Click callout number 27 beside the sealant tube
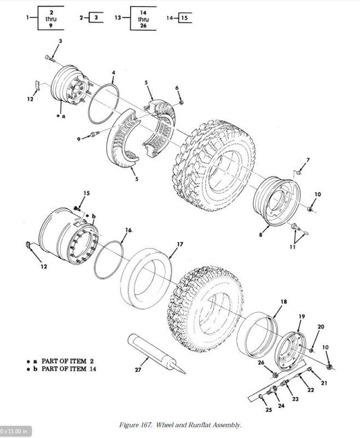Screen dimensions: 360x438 click(x=138, y=370)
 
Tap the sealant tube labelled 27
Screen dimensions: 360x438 click(x=156, y=353)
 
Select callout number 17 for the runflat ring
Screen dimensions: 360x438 click(x=180, y=244)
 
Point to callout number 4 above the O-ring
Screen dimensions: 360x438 click(x=113, y=73)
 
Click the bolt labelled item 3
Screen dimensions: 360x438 click(x=49, y=58)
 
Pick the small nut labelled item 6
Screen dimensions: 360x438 click(x=181, y=103)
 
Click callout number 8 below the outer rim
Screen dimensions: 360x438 click(x=260, y=235)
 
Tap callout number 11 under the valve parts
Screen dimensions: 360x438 click(x=293, y=247)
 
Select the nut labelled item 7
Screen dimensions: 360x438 click(x=298, y=173)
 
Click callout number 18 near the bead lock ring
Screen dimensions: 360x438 click(x=283, y=302)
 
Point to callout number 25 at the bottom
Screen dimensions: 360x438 click(x=269, y=410)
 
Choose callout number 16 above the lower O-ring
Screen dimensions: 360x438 click(x=129, y=230)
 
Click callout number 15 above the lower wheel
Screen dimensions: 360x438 click(x=86, y=193)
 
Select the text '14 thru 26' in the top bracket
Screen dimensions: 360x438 click(x=143, y=19)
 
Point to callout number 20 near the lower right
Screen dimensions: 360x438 click(x=321, y=326)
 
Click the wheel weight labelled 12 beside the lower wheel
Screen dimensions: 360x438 click(x=28, y=244)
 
